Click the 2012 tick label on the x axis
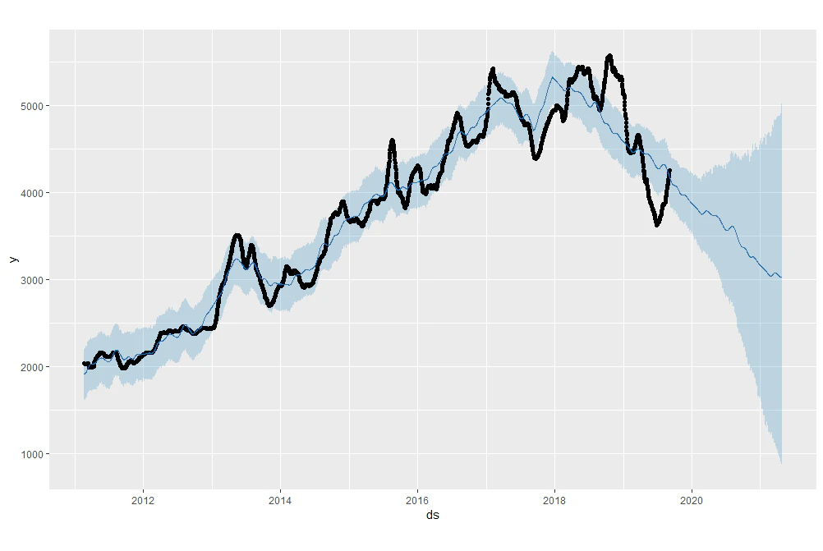[143, 501]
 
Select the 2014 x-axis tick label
[280, 501]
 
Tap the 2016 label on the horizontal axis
[417, 501]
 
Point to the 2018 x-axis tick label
[554, 501]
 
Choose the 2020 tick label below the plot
[692, 501]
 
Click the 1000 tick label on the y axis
[32, 454]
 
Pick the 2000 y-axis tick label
[32, 367]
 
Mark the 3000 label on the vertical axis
[32, 280]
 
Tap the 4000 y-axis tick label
[32, 193]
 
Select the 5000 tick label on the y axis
[32, 106]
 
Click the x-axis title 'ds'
[433, 516]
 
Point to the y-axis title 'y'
[14, 259]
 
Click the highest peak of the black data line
[609, 56]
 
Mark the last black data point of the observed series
[669, 170]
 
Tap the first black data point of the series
[84, 363]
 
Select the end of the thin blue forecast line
[782, 277]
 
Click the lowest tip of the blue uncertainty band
[782, 463]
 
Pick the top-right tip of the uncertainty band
[782, 104]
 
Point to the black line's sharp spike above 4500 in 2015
[392, 140]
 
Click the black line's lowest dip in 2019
[657, 225]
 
